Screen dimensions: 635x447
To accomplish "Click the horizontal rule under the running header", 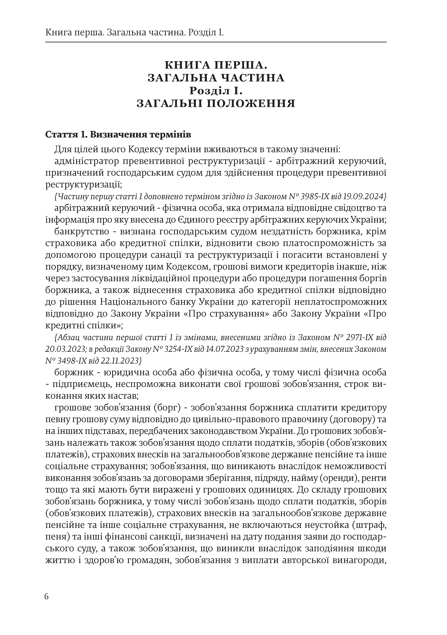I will (x=216, y=42).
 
